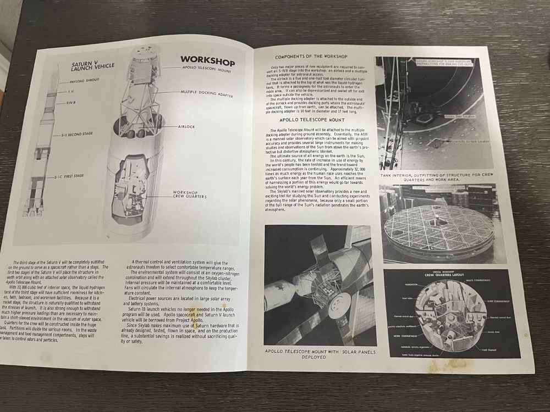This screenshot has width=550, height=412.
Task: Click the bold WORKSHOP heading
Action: [207, 61]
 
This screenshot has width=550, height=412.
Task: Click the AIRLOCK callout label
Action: [186, 126]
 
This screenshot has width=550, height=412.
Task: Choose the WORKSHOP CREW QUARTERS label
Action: [189, 194]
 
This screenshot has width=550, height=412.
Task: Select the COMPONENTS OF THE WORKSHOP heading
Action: [311, 57]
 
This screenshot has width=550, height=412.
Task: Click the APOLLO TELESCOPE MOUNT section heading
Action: [312, 119]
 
